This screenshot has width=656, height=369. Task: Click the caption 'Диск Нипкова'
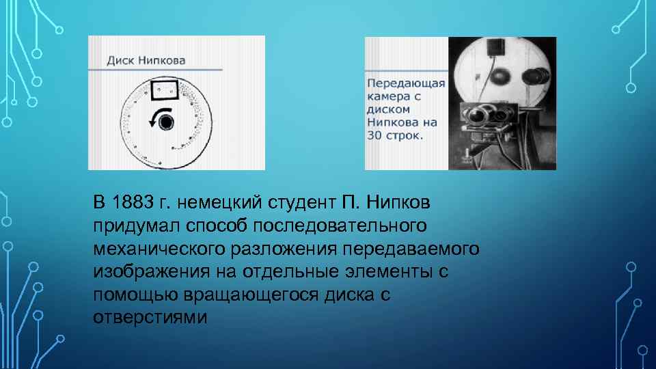click(x=146, y=60)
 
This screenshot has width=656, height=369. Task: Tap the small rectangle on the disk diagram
click(x=164, y=90)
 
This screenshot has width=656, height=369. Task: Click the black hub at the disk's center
click(x=165, y=122)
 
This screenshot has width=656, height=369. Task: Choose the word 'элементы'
click(x=385, y=272)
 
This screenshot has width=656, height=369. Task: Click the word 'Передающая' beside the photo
click(x=406, y=83)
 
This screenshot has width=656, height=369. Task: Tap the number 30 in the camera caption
click(x=376, y=136)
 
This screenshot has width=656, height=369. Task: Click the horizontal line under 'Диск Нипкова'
click(x=155, y=70)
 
